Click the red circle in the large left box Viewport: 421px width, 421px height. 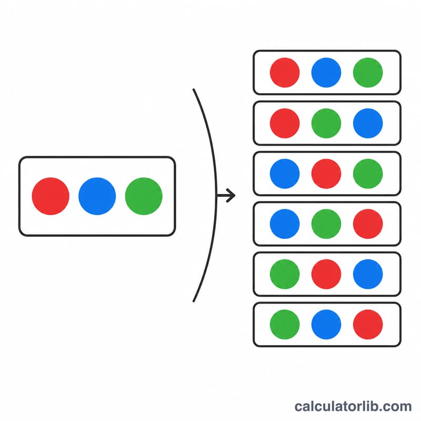point(51,196)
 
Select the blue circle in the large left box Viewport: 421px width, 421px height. point(97,196)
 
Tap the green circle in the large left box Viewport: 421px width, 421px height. point(144,196)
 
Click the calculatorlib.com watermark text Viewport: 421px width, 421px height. point(353,406)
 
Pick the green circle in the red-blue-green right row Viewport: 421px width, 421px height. point(368,73)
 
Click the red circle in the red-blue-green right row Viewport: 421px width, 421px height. point(285,73)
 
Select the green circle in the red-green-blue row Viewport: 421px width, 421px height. point(326,123)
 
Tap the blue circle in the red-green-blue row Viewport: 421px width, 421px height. point(368,123)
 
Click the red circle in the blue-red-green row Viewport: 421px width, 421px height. point(326,174)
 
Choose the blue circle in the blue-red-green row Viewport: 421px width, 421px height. point(285,174)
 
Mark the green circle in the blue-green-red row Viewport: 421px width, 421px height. point(326,224)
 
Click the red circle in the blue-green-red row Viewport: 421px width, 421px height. point(368,224)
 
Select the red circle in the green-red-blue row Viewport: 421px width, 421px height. point(326,274)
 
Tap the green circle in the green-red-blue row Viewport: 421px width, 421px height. point(285,274)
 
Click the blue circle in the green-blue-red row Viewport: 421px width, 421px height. point(326,324)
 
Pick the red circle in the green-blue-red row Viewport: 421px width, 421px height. point(368,324)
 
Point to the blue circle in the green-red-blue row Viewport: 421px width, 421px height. point(368,274)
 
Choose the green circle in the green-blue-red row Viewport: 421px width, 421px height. point(285,324)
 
